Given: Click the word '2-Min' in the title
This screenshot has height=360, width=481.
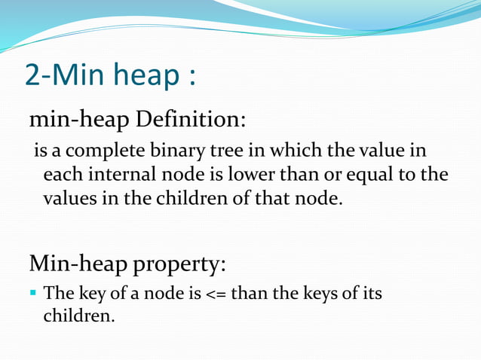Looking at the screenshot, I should coord(63,75).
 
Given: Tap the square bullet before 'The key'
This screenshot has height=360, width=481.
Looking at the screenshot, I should coord(33,292).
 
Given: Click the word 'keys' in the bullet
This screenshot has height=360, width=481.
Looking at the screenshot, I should coord(321,293).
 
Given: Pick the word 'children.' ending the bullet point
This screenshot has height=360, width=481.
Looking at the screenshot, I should coord(79,316).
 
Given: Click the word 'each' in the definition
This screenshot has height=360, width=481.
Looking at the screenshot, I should coord(60,176).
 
